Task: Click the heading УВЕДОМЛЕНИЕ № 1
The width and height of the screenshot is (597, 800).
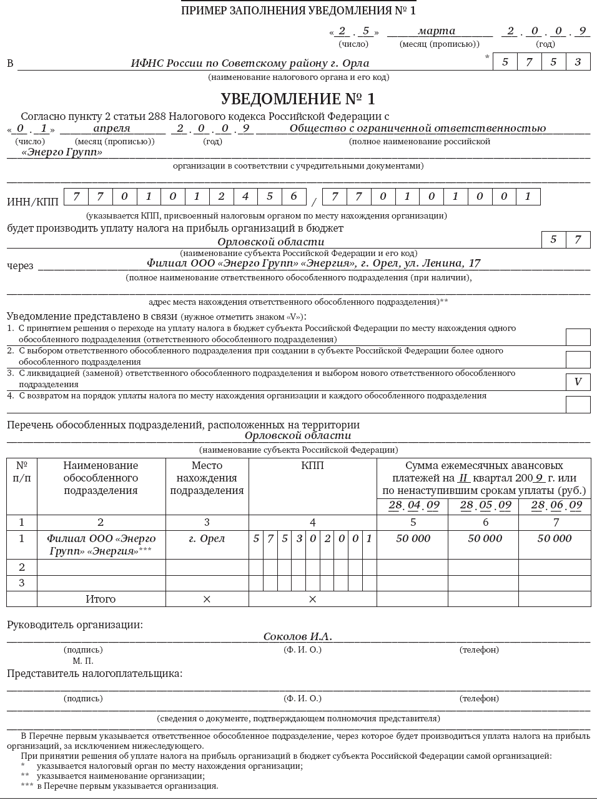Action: click(298, 99)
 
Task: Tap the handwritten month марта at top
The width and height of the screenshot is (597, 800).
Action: click(437, 31)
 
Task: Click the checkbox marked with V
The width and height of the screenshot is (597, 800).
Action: click(578, 382)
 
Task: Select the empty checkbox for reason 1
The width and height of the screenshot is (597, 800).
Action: click(578, 337)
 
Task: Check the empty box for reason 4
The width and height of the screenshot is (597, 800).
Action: click(578, 404)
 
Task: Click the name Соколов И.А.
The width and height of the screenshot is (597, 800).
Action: click(297, 636)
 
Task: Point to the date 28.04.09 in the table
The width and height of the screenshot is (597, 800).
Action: click(413, 505)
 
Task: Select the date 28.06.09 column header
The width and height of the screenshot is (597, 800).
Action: click(556, 505)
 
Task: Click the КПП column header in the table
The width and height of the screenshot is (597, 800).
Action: click(312, 466)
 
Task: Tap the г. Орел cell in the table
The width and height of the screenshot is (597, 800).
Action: click(207, 538)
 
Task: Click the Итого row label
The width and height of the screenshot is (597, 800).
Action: click(101, 599)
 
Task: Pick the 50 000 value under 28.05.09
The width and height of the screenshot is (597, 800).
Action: click(485, 538)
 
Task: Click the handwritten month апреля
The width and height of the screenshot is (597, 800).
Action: click(112, 129)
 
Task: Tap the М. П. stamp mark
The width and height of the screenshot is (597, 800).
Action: click(83, 660)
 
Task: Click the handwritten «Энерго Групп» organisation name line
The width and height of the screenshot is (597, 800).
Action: click(62, 152)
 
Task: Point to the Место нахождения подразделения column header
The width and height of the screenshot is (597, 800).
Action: click(207, 478)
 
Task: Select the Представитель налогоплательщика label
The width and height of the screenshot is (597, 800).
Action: click(94, 674)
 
